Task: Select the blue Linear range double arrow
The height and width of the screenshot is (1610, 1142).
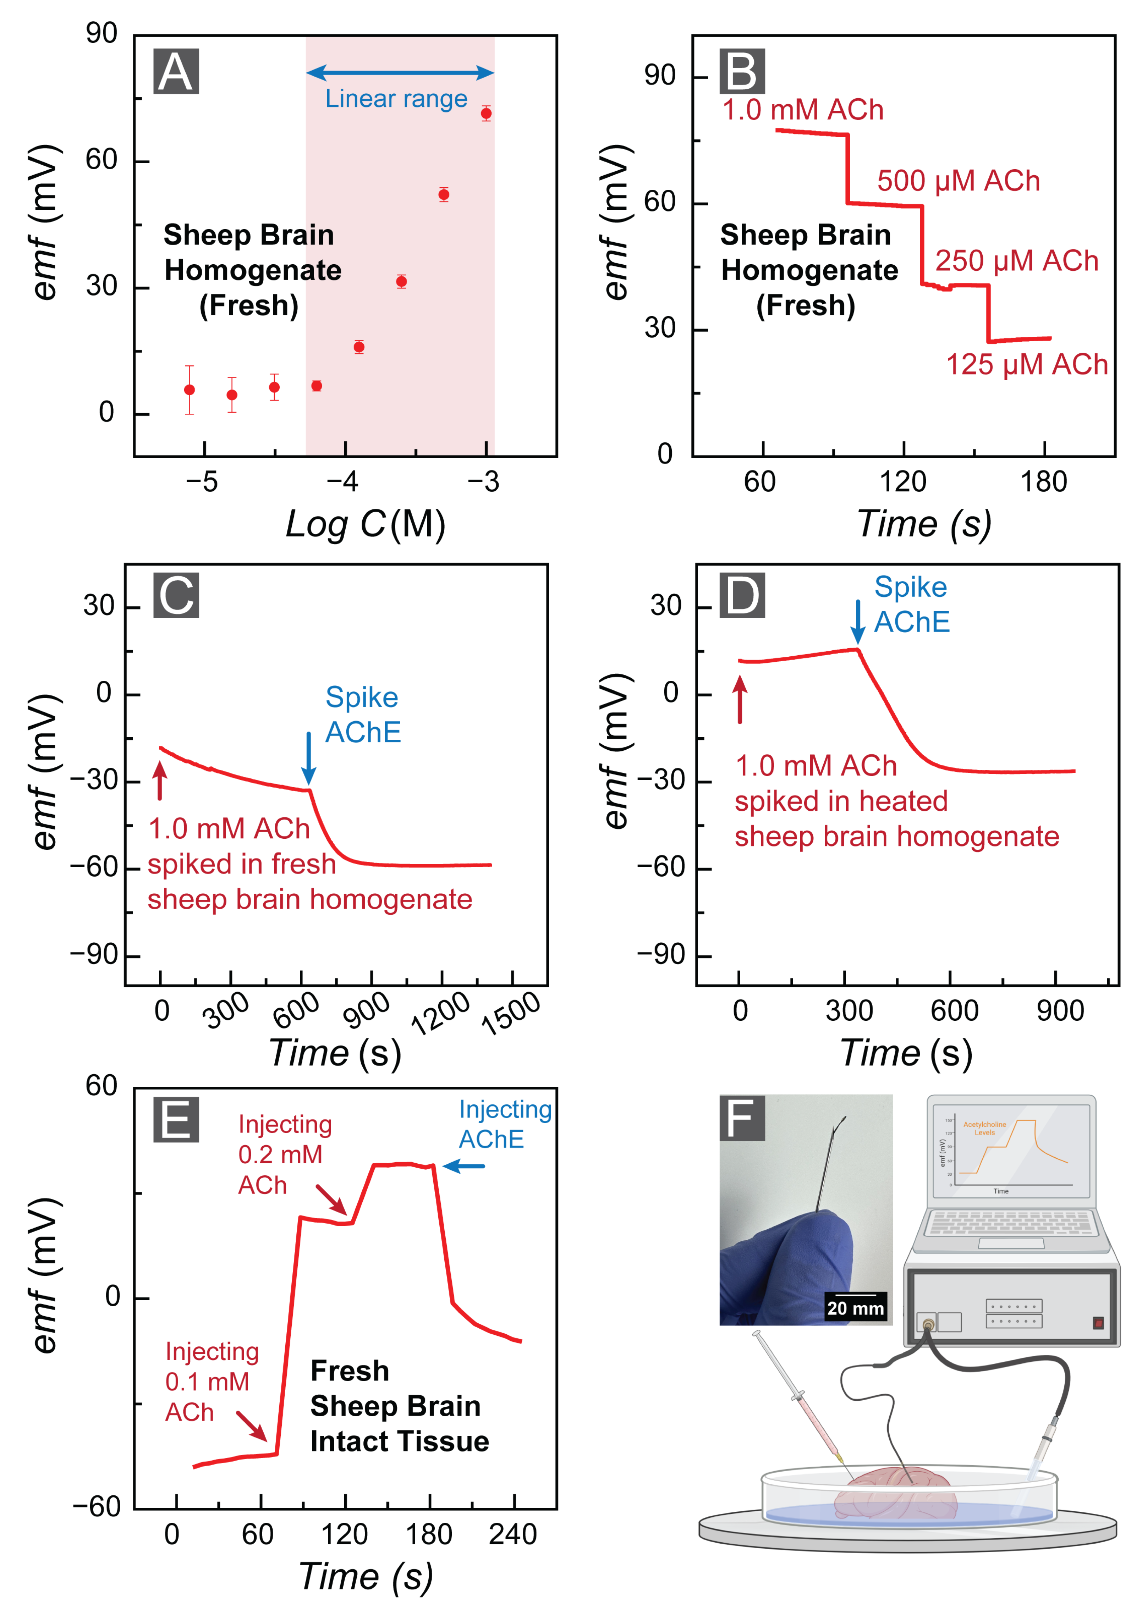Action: point(400,72)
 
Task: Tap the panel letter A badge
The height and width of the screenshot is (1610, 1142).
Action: point(176,72)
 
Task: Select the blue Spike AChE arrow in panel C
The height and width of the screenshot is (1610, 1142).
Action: point(308,758)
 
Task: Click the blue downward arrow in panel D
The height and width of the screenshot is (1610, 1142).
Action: point(857,622)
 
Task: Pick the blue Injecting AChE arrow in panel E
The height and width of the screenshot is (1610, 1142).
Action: point(464,1167)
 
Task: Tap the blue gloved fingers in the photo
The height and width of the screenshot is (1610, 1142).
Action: point(787,1266)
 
